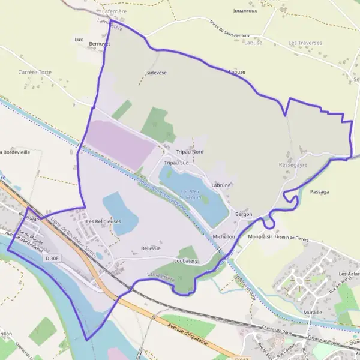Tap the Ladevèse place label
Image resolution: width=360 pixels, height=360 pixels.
(155, 72)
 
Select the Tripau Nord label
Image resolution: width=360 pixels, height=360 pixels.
(190, 152)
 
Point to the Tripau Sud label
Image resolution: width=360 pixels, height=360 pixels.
(176, 163)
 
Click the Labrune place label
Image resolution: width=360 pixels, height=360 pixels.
(221, 185)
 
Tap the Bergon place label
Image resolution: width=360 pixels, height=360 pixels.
(244, 214)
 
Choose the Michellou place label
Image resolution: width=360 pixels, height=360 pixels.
(224, 236)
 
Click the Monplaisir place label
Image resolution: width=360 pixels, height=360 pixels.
(260, 236)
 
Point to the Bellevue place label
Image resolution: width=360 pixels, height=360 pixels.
(151, 248)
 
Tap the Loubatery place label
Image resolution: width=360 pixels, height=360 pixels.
(185, 262)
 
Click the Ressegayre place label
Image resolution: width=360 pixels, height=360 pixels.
(293, 164)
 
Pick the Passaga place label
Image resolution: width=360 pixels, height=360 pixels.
(320, 192)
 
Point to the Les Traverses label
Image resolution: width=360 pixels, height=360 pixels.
(305, 43)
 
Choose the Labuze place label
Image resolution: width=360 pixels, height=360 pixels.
(237, 72)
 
